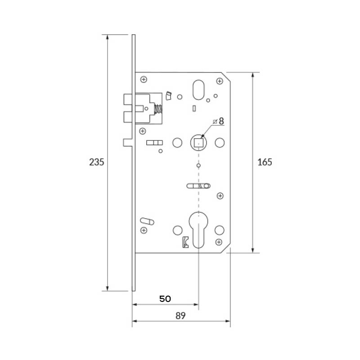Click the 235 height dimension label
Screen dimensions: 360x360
pos(96,162)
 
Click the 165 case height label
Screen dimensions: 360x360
pos(265,162)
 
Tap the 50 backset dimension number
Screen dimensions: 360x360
pos(165,299)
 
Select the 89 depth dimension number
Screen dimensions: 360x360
pos(180,316)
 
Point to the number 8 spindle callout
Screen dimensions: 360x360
pos(221,121)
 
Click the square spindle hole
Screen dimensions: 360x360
pos(198,143)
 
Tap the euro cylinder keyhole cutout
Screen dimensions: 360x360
pos(198,229)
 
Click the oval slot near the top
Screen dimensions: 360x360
pos(198,90)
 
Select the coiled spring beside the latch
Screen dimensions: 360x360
pos(158,109)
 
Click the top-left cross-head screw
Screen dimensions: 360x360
pos(144,80)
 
